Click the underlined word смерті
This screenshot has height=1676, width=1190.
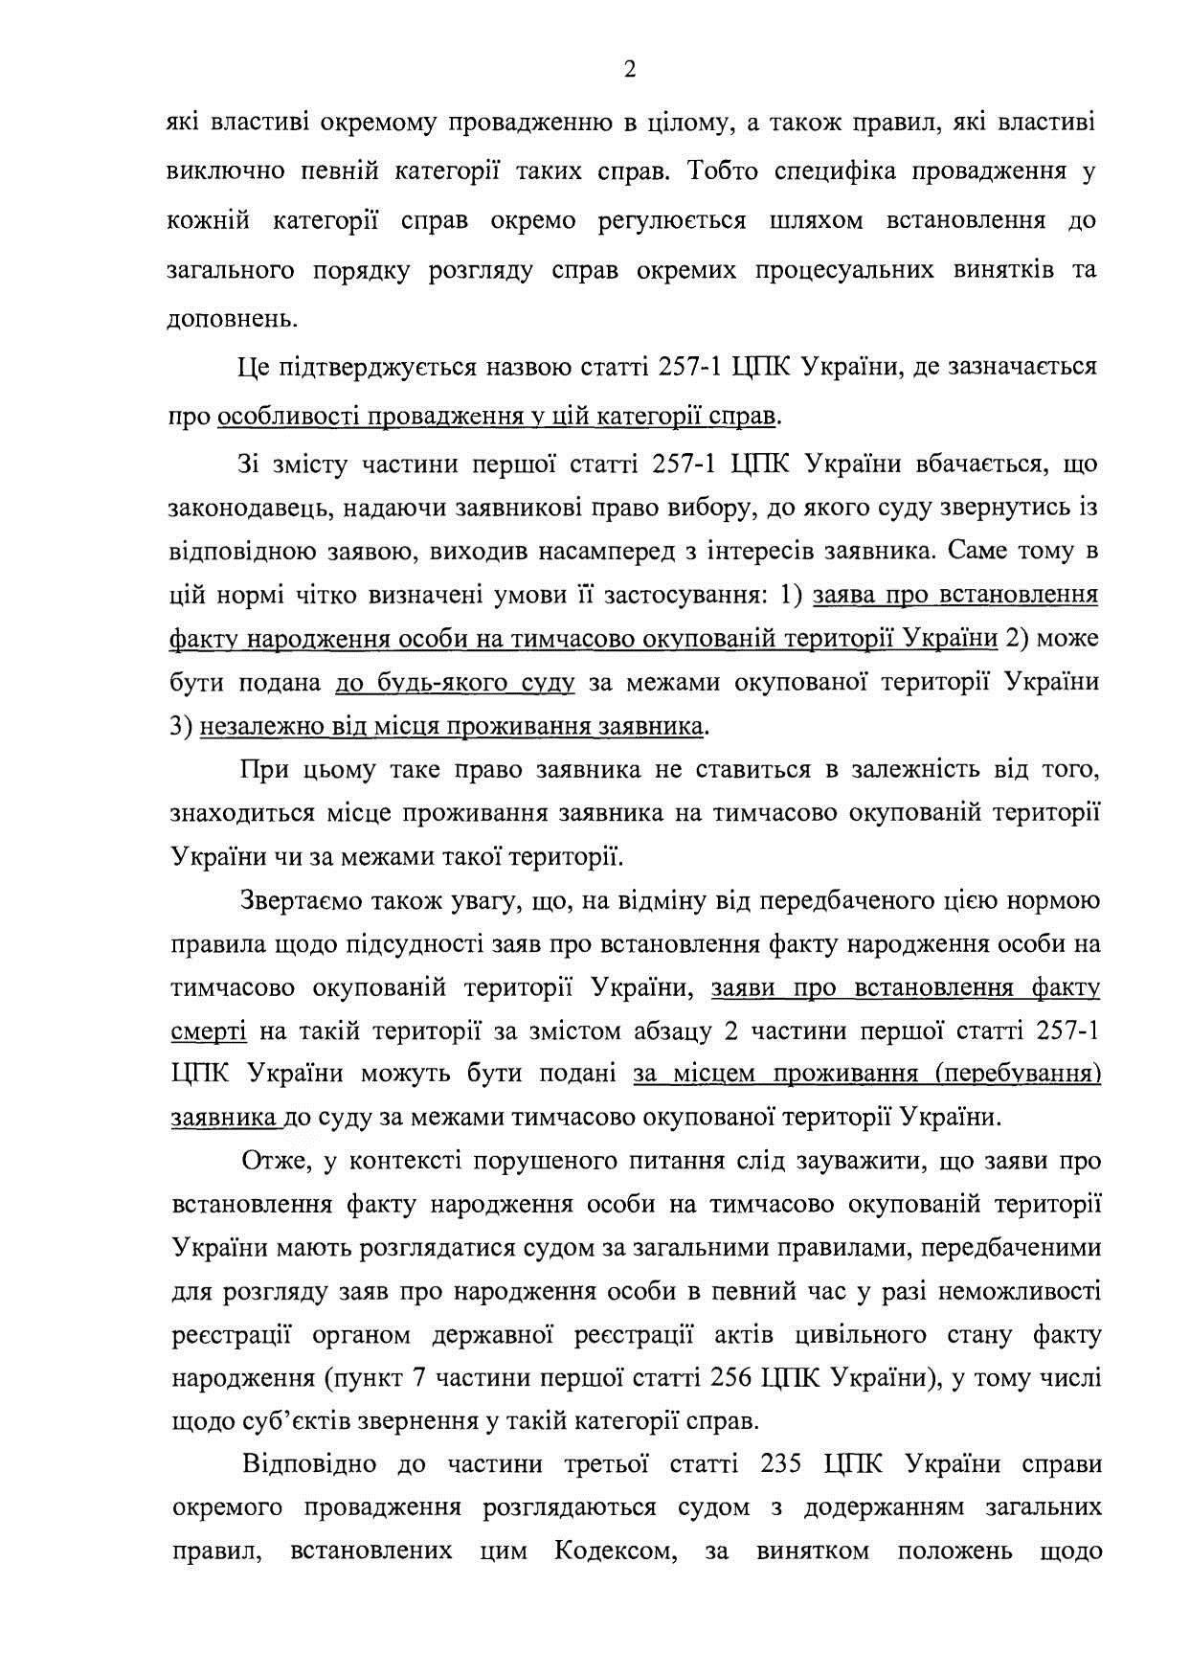pyautogui.click(x=209, y=1031)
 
